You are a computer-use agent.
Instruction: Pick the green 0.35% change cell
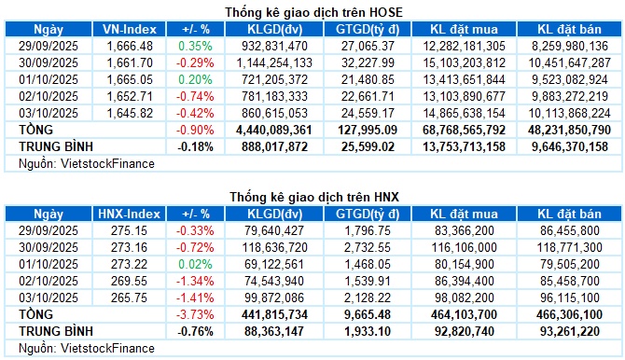pyautogui.click(x=193, y=45)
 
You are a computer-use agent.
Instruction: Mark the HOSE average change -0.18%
pyautogui.click(x=191, y=146)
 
